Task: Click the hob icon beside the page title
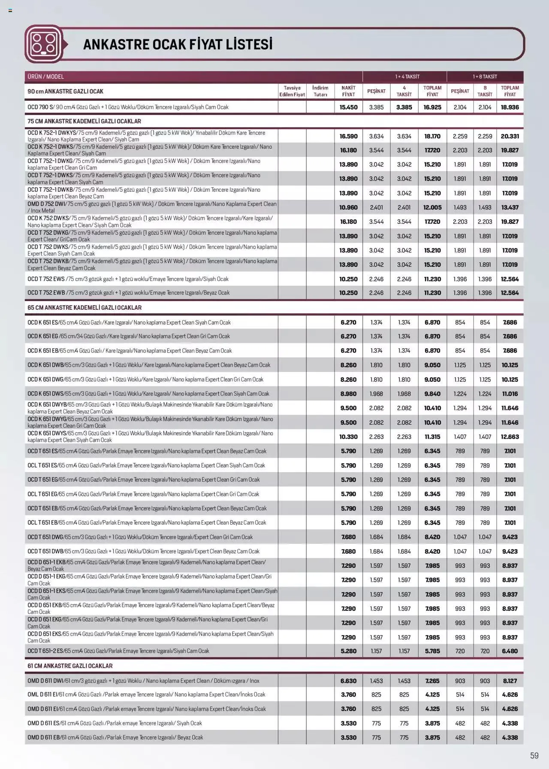[x=43, y=44]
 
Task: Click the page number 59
[x=534, y=756]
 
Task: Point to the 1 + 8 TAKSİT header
[x=485, y=76]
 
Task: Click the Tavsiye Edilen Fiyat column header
[x=292, y=91]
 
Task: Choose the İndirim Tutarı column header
[x=320, y=91]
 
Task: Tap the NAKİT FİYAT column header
[x=348, y=91]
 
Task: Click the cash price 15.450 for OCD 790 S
[x=348, y=107]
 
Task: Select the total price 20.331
[x=510, y=136]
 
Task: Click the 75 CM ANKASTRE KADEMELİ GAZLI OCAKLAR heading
[x=84, y=121]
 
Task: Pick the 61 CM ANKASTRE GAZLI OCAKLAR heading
[x=70, y=666]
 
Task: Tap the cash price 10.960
[x=348, y=208]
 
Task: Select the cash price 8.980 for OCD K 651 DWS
[x=348, y=394]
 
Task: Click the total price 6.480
[x=510, y=651]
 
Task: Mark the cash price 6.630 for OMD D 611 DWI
[x=348, y=681]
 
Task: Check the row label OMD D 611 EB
[x=43, y=737]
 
